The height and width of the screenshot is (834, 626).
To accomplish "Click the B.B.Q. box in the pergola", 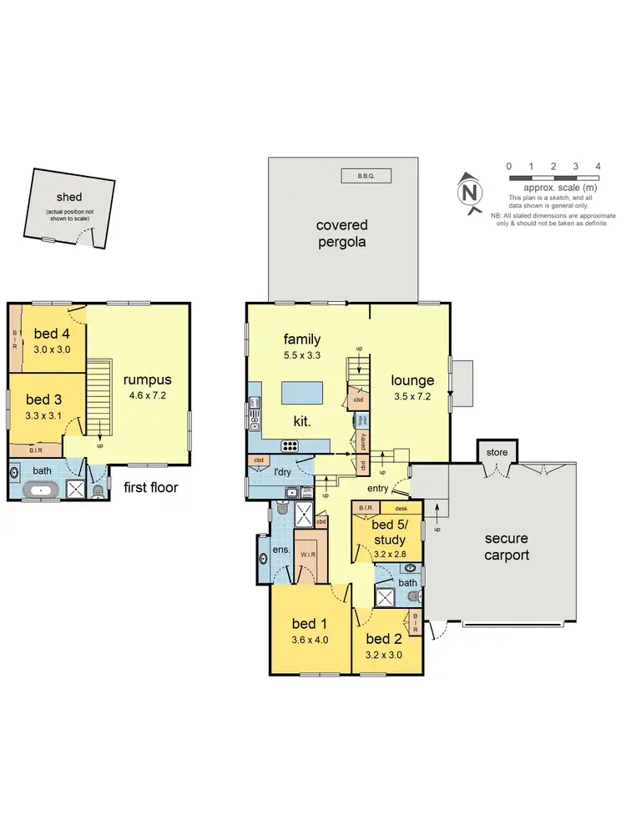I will click(x=366, y=176).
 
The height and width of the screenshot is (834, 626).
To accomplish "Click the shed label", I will click(x=69, y=198).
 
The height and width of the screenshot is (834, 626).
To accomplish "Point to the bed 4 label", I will click(x=51, y=334).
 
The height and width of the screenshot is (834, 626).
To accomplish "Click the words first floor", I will click(x=151, y=487).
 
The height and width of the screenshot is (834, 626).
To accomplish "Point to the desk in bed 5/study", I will click(x=401, y=508).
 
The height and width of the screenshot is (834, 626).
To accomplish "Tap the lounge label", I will click(x=413, y=381).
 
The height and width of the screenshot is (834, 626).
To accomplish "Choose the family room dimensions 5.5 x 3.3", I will click(x=302, y=354).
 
